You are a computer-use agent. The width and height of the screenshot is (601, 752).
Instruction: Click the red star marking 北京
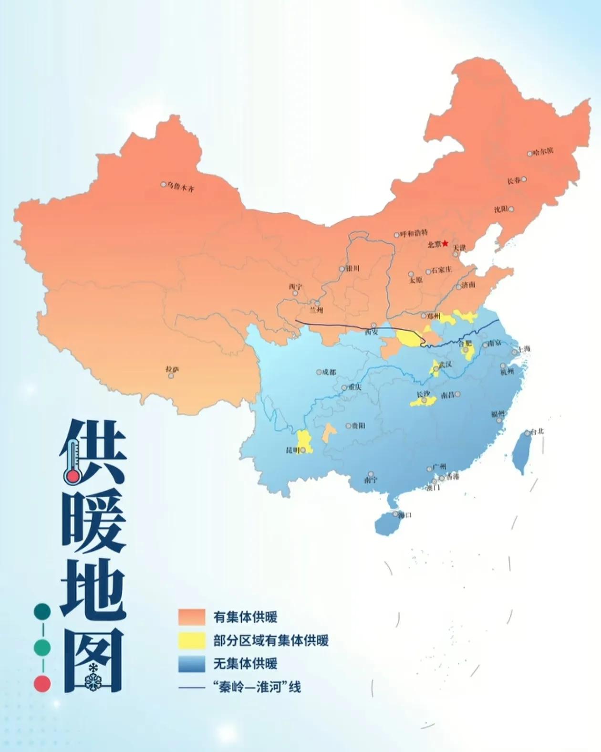click(445, 243)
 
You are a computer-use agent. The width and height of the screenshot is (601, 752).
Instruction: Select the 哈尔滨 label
click(543, 152)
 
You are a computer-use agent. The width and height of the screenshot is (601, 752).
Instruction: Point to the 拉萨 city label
click(172, 369)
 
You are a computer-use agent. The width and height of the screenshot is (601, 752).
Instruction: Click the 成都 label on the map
click(329, 372)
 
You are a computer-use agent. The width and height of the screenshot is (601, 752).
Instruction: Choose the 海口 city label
click(404, 515)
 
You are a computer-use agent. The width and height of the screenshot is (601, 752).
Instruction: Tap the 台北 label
click(538, 432)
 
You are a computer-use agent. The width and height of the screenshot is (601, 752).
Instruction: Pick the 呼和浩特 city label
click(414, 233)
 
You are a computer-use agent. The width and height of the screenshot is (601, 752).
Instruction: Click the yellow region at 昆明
click(303, 441)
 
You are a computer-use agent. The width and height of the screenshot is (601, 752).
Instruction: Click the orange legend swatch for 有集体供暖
click(192, 617)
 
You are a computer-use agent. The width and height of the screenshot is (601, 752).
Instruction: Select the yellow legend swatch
click(192, 640)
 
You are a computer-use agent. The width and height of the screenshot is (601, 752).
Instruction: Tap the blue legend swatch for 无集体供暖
click(192, 664)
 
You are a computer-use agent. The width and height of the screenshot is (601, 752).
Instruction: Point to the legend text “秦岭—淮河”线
click(257, 687)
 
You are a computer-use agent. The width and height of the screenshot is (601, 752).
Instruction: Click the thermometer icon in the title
click(72, 461)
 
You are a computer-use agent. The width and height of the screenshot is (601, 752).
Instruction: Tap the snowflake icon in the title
click(91, 682)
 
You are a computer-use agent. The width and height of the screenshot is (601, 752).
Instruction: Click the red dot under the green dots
click(42, 683)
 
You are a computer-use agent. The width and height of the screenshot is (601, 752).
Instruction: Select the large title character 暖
click(93, 522)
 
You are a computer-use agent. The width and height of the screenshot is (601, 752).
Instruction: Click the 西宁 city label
click(295, 287)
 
